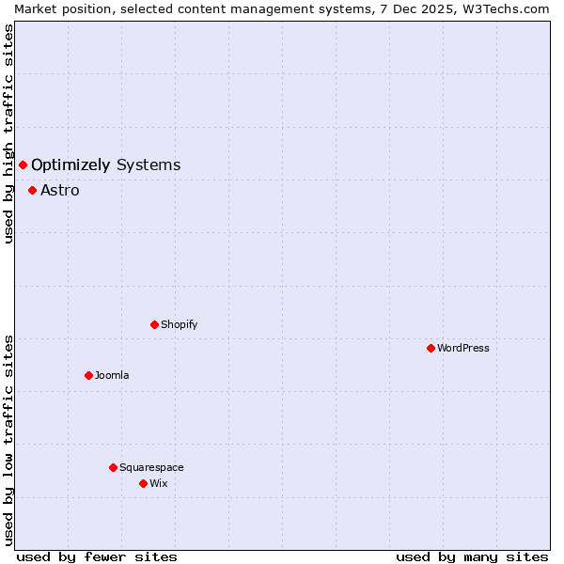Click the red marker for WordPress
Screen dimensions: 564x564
pyautogui.click(x=431, y=348)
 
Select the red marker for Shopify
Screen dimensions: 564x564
pyautogui.click(x=154, y=324)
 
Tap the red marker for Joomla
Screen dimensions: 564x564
pyautogui.click(x=88, y=375)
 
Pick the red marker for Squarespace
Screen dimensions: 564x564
pyautogui.click(x=113, y=467)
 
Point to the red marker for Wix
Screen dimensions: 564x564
pyautogui.click(x=143, y=483)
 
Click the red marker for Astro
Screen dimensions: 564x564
pyautogui.click(x=32, y=190)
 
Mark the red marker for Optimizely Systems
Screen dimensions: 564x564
pyautogui.click(x=23, y=165)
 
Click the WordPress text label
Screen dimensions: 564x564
pyautogui.click(x=463, y=348)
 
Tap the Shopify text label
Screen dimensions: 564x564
pyautogui.click(x=179, y=324)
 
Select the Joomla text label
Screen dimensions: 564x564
pyautogui.click(x=112, y=375)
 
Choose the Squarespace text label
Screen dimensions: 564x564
pyautogui.click(x=151, y=467)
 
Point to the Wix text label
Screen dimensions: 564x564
pyautogui.click(x=158, y=483)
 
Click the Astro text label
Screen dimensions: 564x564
pyautogui.click(x=60, y=191)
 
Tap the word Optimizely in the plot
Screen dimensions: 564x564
pyautogui.click(x=70, y=165)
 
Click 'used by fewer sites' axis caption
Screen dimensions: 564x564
pyautogui.click(x=97, y=556)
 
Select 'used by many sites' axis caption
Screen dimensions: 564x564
pyautogui.click(x=472, y=556)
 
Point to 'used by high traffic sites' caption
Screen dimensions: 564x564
pyautogui.click(x=8, y=133)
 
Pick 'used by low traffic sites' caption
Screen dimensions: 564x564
pyautogui.click(x=8, y=440)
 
